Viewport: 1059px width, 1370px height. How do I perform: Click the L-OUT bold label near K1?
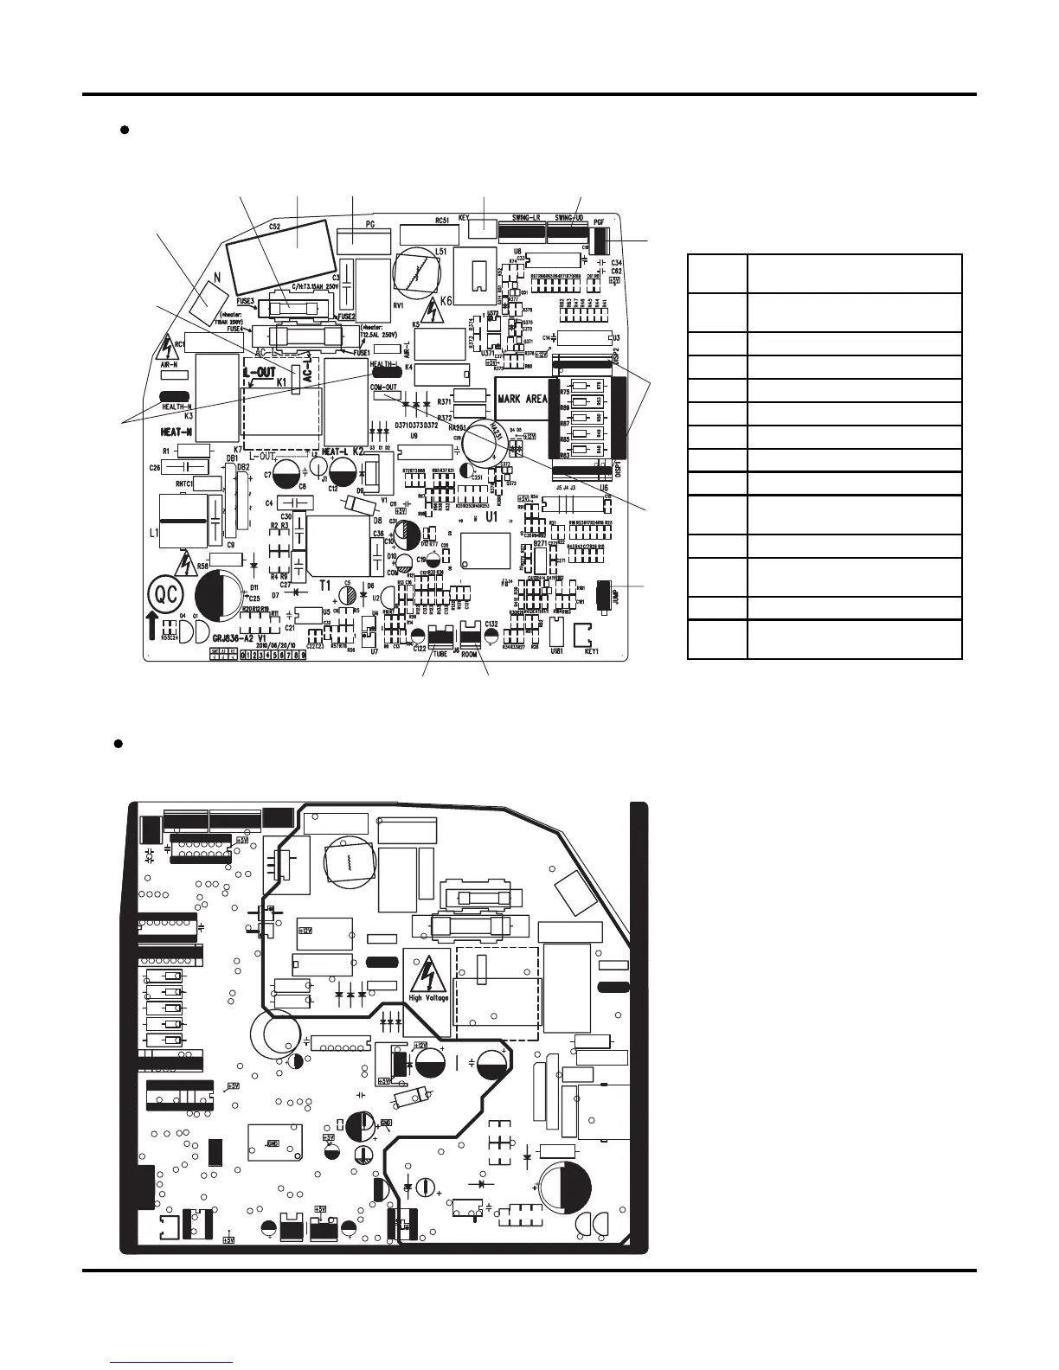(259, 372)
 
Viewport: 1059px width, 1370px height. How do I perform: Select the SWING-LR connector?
(521, 231)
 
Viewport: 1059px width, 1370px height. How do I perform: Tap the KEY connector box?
(481, 230)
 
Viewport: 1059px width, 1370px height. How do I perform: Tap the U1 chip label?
(492, 516)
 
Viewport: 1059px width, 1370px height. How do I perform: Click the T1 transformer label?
(325, 586)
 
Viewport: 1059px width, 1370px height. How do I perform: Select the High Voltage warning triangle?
(427, 976)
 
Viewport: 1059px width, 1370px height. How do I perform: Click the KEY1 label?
(593, 650)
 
